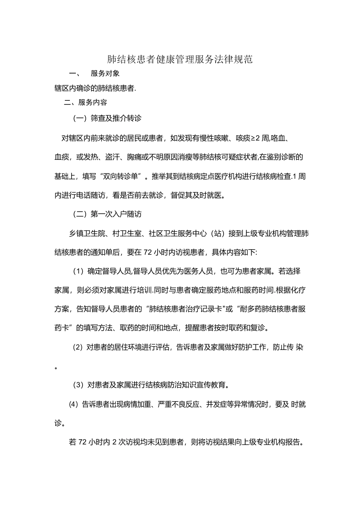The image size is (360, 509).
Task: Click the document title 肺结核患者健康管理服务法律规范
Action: tap(180, 59)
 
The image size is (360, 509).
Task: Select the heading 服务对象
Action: tap(105, 73)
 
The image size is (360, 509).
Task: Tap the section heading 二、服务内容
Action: tap(86, 102)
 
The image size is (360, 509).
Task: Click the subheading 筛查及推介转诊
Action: tap(116, 118)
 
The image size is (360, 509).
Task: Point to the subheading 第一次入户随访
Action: tap(116, 214)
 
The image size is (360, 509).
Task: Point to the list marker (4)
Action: tap(74, 404)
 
